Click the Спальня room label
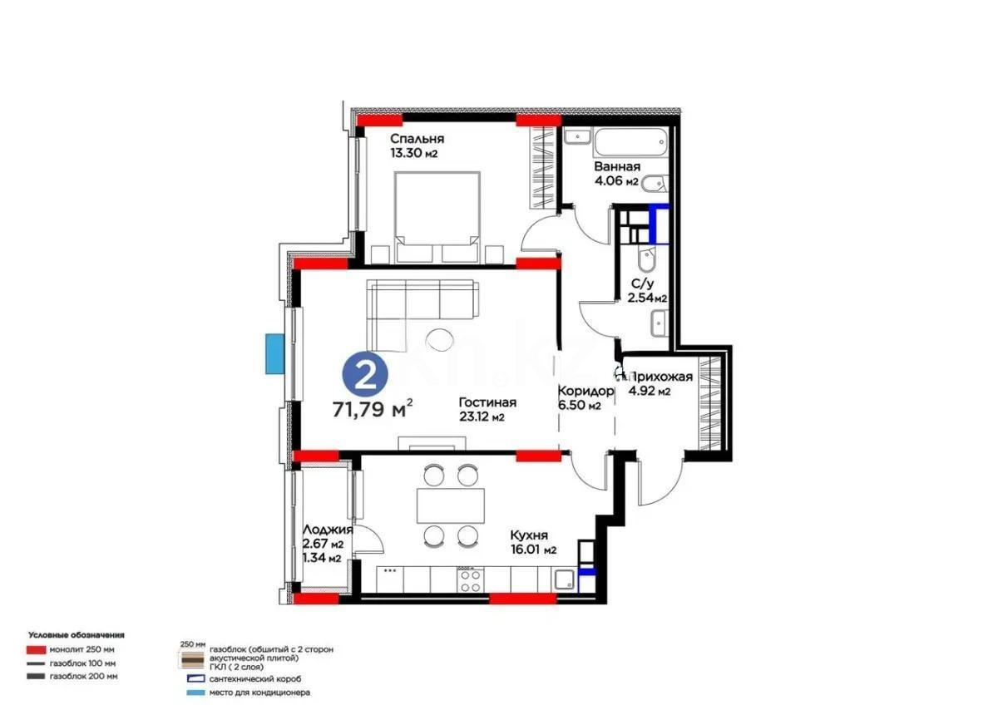point(417,139)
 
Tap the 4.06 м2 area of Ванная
point(615,181)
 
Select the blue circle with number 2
point(364,376)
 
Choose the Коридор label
point(585,391)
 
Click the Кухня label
point(529,535)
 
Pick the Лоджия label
point(328,530)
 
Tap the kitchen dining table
point(450,505)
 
